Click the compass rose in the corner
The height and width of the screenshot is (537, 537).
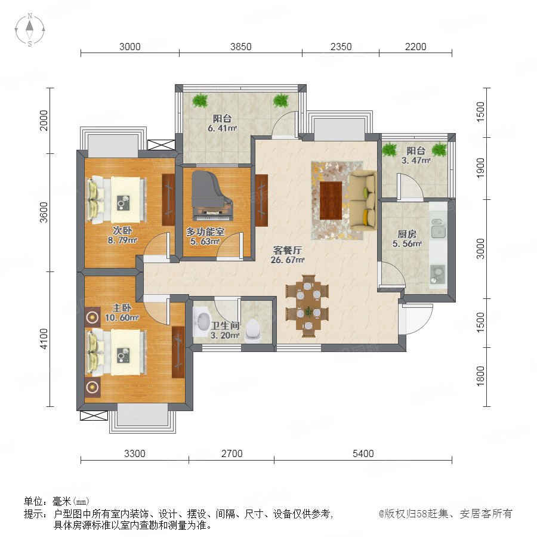click(x=30, y=30)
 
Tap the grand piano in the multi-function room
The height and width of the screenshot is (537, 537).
click(x=212, y=196)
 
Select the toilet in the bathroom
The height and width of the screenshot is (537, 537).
click(x=253, y=330)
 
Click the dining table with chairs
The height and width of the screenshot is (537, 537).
click(x=307, y=306)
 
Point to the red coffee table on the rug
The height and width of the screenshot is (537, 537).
click(x=331, y=200)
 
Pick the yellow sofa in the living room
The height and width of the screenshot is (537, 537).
click(x=363, y=200)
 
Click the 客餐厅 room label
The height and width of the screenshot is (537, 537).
click(x=288, y=250)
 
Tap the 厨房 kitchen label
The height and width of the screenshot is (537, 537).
click(x=407, y=234)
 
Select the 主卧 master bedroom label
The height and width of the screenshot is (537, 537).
click(x=122, y=308)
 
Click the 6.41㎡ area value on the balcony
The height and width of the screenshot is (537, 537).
click(x=223, y=128)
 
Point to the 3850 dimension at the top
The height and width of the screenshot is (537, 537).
click(x=241, y=47)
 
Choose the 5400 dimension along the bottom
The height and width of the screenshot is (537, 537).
click(x=363, y=453)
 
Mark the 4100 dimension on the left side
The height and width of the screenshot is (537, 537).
click(x=44, y=339)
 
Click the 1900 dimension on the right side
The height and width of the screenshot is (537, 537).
click(x=480, y=168)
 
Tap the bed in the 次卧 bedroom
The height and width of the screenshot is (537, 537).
click(x=116, y=200)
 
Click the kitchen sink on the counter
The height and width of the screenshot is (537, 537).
click(x=438, y=229)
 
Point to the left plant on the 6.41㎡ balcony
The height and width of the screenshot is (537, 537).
click(x=199, y=100)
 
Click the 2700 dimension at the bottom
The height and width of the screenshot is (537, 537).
click(x=232, y=453)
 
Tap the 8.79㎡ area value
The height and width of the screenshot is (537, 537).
click(x=122, y=240)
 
